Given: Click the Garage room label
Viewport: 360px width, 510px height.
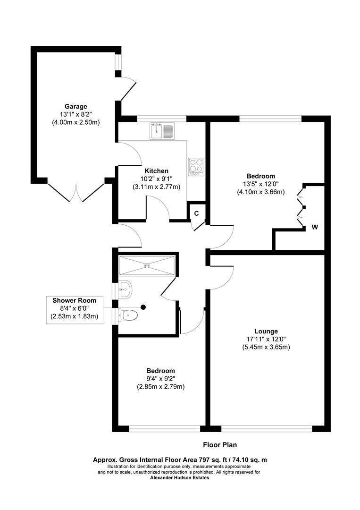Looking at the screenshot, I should coord(76,106).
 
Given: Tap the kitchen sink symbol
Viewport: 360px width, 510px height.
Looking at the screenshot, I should coord(162,131).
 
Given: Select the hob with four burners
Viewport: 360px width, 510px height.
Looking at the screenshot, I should coord(196,166).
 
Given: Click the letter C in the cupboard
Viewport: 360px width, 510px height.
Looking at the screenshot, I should coord(196,213).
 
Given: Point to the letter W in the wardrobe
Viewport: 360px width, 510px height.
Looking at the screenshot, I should coord(314,227).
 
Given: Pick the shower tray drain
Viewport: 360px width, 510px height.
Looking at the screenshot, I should coord(147,265).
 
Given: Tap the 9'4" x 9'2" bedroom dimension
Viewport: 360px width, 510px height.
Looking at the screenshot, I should coord(160,379).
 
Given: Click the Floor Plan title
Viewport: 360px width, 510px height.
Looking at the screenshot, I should coord(220,444).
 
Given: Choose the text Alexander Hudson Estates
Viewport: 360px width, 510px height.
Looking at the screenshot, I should coord(180,477).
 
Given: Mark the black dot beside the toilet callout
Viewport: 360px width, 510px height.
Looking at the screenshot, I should coord(143,307).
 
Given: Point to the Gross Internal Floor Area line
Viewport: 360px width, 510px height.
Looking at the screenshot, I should coord(180,459).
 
